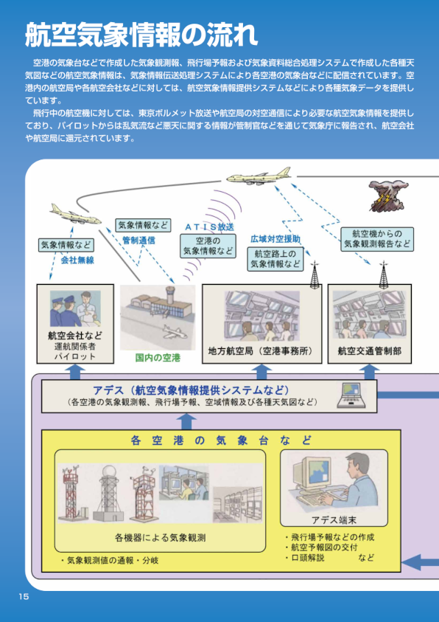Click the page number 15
[24, 596]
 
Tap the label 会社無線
[77, 260]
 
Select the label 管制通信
[138, 240]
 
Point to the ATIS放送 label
[209, 227]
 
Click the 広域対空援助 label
[275, 238]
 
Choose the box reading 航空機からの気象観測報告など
[377, 239]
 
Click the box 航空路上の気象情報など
[275, 259]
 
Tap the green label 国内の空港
[158, 358]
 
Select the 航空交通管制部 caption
[369, 351]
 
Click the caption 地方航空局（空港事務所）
[261, 351]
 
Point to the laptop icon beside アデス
[351, 395]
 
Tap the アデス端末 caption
[334, 519]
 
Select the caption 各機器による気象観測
[160, 538]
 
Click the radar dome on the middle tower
[109, 471]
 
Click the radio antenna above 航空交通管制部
[383, 274]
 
